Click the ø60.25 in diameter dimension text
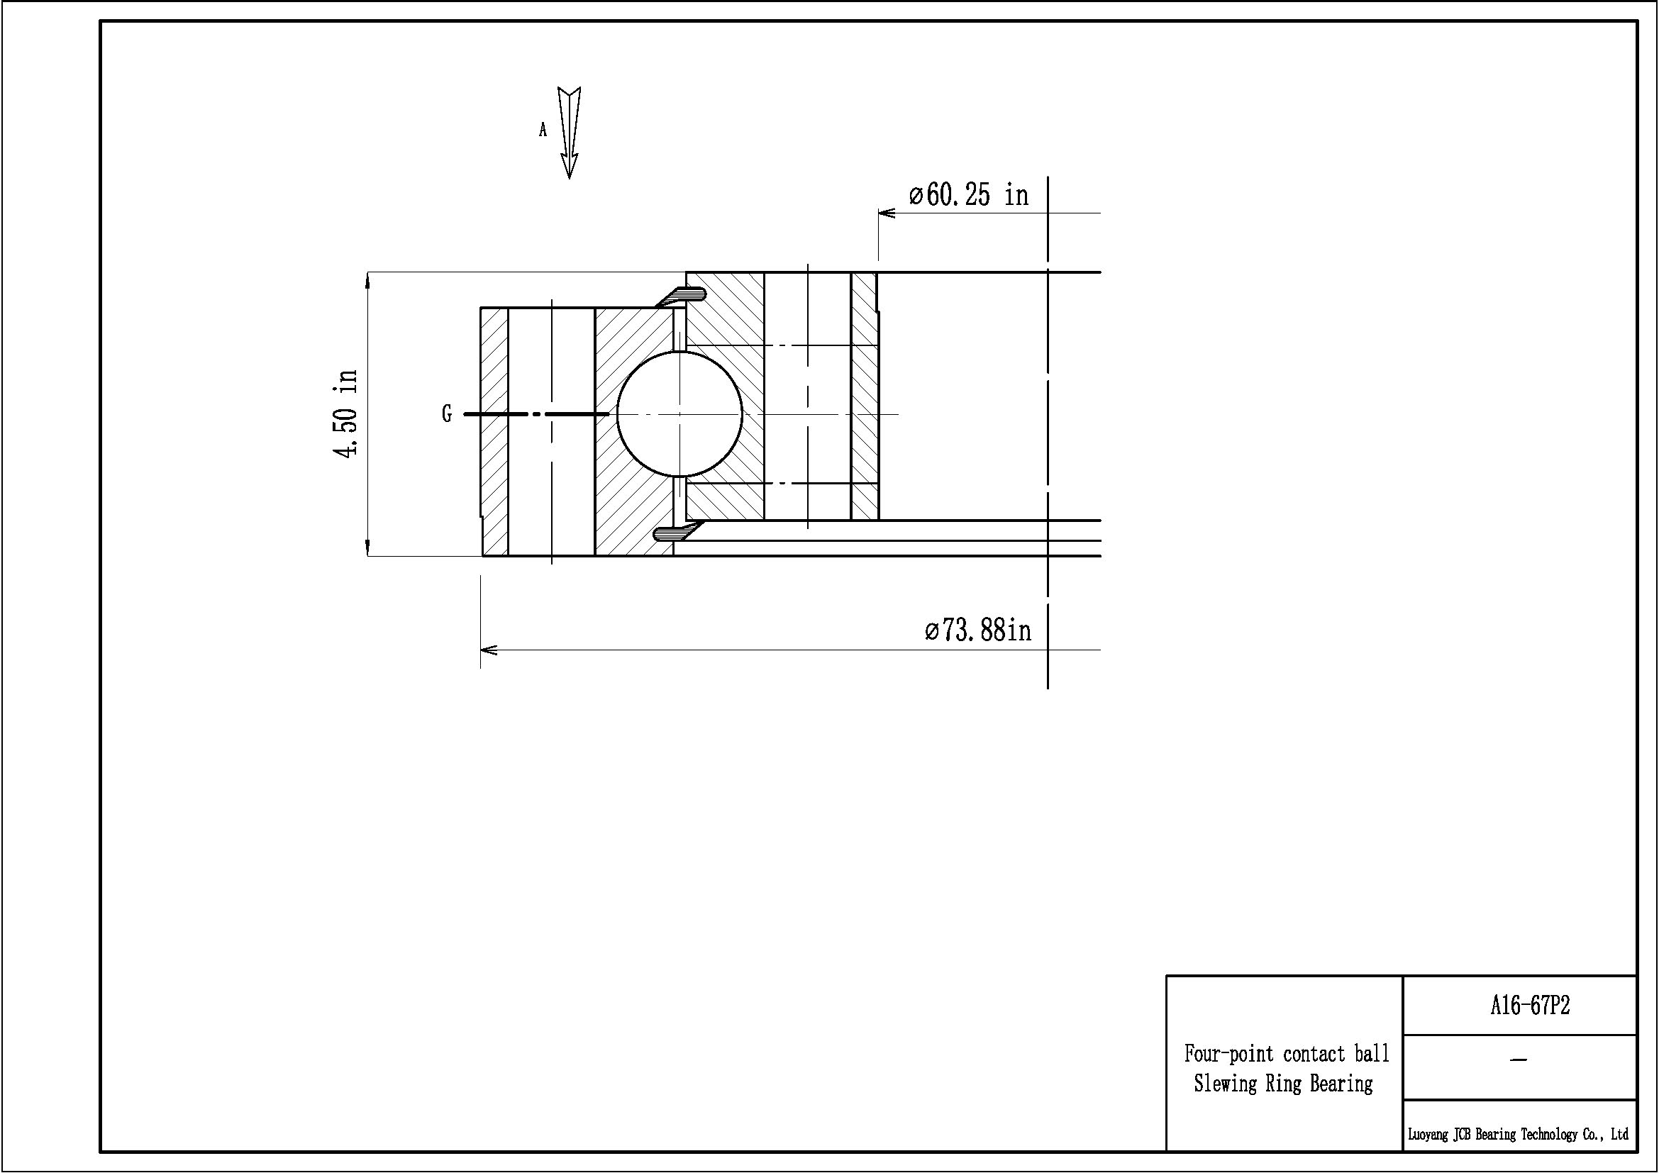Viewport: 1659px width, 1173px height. coord(968,194)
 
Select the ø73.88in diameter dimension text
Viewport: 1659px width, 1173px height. coord(977,630)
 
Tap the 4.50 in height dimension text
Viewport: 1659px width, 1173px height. coord(346,414)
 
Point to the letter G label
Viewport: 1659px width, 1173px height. coord(447,414)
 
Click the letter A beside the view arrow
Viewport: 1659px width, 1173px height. coord(543,130)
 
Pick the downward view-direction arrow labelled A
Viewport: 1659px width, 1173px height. coord(570,133)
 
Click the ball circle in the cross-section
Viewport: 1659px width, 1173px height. coord(679,414)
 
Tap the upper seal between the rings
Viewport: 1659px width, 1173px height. coord(681,295)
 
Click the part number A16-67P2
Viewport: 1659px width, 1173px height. coord(1530,1006)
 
